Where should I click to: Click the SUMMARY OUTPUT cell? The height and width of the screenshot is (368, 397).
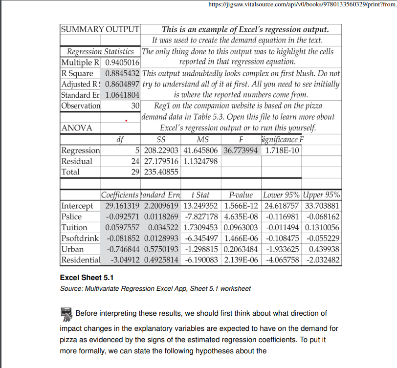(100, 29)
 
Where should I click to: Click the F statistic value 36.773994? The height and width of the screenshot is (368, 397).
(241, 150)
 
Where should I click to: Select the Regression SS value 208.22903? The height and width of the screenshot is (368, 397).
(160, 150)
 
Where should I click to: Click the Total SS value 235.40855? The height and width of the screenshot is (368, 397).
(160, 172)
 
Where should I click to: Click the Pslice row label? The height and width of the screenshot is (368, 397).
(72, 216)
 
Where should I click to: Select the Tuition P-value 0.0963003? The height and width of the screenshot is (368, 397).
(241, 227)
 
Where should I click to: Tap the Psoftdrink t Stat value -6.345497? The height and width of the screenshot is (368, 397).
(200, 238)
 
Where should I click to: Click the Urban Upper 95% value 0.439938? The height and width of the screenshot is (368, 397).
(321, 249)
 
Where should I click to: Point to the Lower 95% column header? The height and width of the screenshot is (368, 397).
(281, 195)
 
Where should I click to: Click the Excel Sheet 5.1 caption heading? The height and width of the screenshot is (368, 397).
(87, 278)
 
